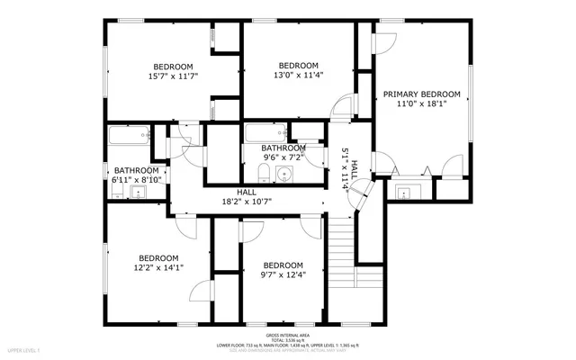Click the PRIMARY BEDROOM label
click(421, 94)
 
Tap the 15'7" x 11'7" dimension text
click(174, 77)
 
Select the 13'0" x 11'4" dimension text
click(298, 76)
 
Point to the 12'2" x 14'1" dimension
click(157, 266)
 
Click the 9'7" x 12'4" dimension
click(283, 275)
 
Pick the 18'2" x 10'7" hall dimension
click(247, 202)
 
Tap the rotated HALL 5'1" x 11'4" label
click(349, 167)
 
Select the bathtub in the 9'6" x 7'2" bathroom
click(266, 135)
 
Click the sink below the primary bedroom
click(402, 191)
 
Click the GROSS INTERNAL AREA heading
click(288, 333)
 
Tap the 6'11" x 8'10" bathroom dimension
click(136, 180)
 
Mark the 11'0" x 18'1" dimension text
click(421, 104)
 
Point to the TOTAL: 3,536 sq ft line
click(288, 339)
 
